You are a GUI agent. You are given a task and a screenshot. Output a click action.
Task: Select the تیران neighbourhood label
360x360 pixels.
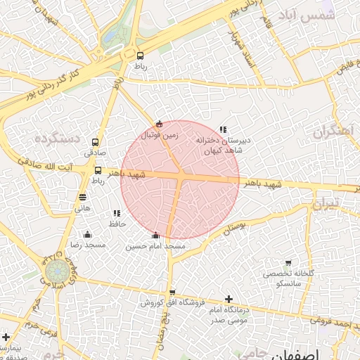click(326, 204)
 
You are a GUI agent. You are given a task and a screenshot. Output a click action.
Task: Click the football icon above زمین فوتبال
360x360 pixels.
click(160, 124)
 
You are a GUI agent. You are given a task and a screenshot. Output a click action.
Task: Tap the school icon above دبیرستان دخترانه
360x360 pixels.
click(223, 130)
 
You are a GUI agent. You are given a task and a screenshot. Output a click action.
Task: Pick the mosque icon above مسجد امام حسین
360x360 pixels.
click(155, 236)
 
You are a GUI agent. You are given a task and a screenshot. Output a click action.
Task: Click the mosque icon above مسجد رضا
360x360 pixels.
click(86, 234)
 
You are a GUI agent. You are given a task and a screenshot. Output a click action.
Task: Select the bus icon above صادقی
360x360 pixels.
click(95, 142)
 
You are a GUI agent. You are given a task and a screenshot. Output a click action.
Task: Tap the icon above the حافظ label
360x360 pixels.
click(117, 213)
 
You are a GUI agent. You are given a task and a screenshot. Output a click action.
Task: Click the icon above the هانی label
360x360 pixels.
click(83, 198)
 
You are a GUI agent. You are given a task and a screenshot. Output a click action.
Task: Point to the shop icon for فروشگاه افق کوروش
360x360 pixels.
click(172, 292)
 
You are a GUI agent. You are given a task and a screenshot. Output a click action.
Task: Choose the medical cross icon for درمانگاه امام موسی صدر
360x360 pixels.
click(229, 300)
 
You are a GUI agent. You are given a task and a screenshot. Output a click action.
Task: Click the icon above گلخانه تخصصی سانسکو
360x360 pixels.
click(288, 263)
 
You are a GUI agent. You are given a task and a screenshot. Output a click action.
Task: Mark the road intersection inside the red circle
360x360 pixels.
click(181, 176)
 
